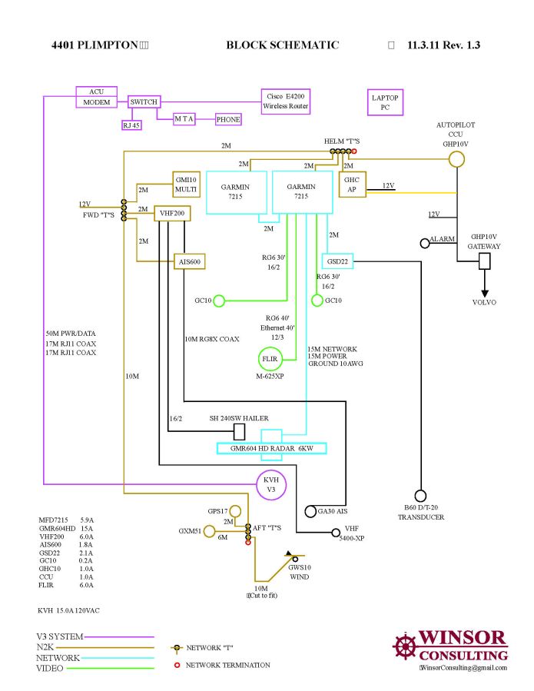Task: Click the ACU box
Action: [x=97, y=91]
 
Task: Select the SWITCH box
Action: [x=144, y=101]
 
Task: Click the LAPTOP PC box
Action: [x=386, y=102]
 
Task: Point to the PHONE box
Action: [x=228, y=119]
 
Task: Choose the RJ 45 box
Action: [x=131, y=125]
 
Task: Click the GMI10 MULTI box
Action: [x=187, y=184]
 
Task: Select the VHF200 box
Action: [x=172, y=214]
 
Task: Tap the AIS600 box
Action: [x=190, y=262]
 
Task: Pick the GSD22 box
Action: [x=337, y=261]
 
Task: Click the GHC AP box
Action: [x=353, y=184]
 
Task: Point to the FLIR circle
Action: [x=269, y=358]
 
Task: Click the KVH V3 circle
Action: [x=270, y=484]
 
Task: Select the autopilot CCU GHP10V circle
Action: [x=457, y=158]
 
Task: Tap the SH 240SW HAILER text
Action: [x=239, y=418]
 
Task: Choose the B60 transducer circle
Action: [x=420, y=496]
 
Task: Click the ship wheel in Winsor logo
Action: [x=405, y=646]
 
